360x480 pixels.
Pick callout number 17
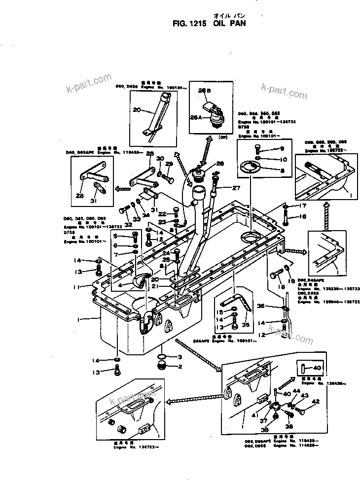(303, 206)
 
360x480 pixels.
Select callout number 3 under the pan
(180, 356)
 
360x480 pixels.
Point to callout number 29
(169, 164)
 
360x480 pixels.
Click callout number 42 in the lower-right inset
(316, 401)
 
